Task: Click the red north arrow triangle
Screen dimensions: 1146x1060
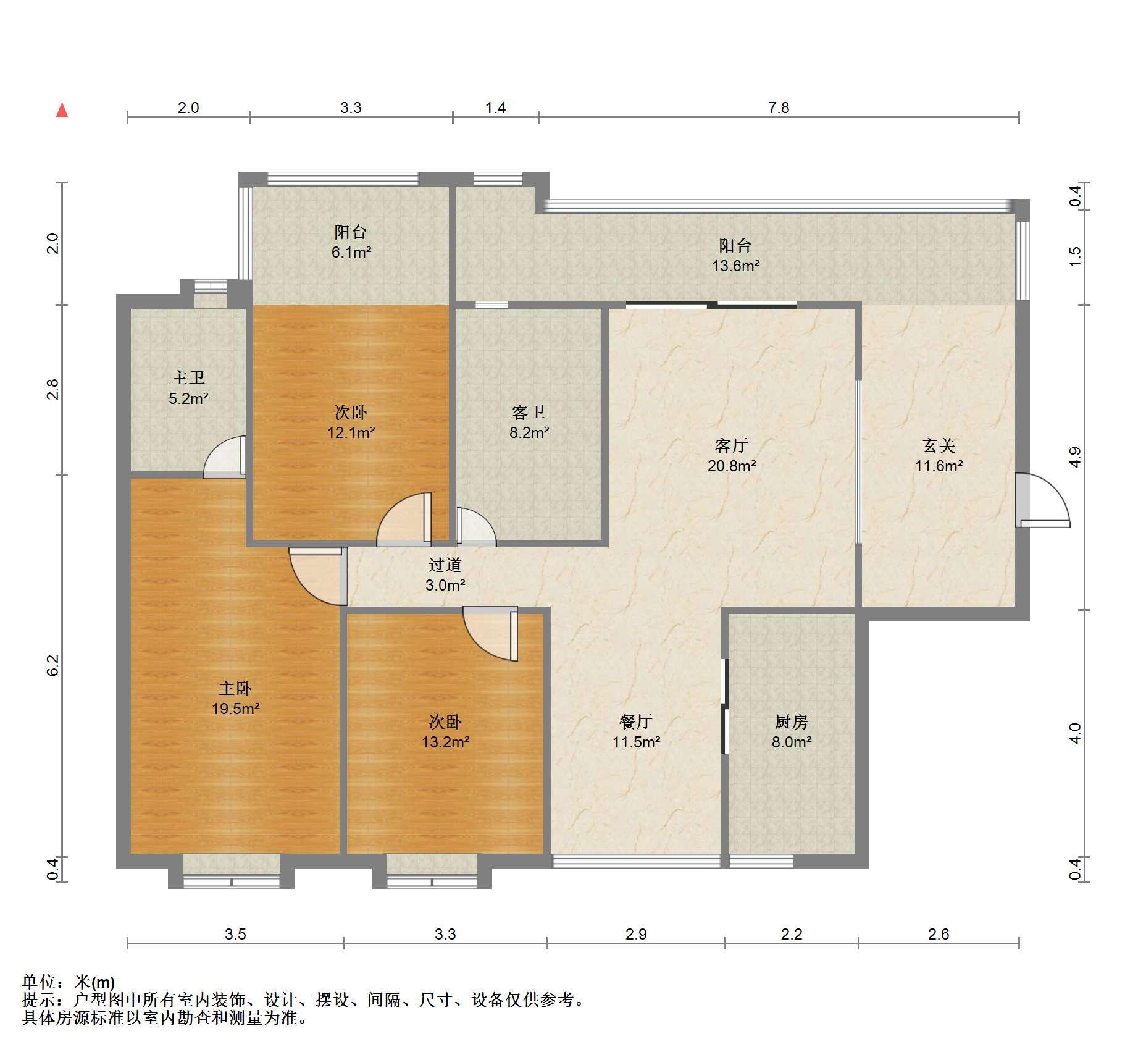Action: pyautogui.click(x=62, y=110)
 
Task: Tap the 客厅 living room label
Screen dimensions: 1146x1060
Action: pyautogui.click(x=731, y=445)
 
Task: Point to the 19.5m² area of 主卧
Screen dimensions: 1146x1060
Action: pyautogui.click(x=235, y=709)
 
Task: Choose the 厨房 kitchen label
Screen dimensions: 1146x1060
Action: pyautogui.click(x=791, y=721)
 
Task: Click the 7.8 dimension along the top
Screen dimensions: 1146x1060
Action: pyautogui.click(x=779, y=107)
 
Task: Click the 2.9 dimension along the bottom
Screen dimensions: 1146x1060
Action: pyautogui.click(x=636, y=934)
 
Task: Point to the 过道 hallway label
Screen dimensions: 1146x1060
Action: pyautogui.click(x=445, y=564)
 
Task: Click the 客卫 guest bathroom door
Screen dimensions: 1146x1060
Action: pyautogui.click(x=476, y=527)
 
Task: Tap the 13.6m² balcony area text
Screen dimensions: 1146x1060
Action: pyautogui.click(x=735, y=266)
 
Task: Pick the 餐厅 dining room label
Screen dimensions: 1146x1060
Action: pyautogui.click(x=636, y=721)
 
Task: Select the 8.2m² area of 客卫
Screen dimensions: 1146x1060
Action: pyautogui.click(x=529, y=432)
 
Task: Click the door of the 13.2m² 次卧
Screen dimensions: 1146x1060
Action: pyautogui.click(x=490, y=634)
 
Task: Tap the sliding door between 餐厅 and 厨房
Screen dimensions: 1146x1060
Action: pyautogui.click(x=726, y=707)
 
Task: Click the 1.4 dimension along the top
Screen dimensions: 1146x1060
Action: pyautogui.click(x=495, y=107)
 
